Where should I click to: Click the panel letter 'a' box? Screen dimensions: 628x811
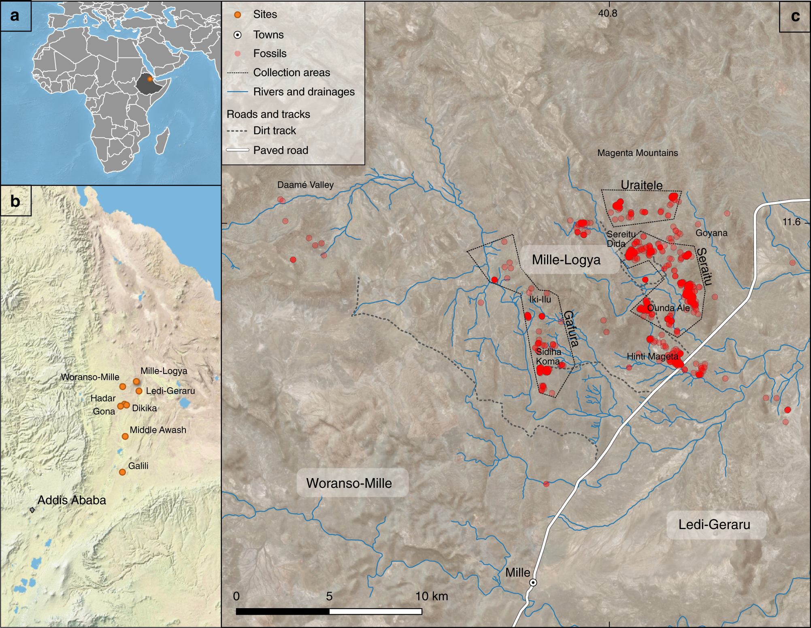[15, 16]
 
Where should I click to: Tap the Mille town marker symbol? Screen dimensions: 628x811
[534, 583]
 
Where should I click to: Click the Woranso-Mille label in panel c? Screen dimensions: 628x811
[349, 483]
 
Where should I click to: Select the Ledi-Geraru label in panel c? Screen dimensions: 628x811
[714, 525]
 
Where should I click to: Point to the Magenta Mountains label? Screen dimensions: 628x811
[637, 153]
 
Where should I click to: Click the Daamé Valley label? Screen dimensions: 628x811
[305, 185]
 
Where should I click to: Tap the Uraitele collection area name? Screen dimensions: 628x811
[642, 185]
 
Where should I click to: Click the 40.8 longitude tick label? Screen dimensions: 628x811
[608, 13]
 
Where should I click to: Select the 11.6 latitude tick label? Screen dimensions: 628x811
[791, 222]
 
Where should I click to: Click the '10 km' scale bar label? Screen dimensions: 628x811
[432, 596]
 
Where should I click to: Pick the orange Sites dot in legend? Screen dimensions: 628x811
[238, 15]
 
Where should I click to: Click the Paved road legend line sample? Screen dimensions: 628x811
[237, 150]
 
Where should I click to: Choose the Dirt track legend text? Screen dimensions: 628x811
[275, 131]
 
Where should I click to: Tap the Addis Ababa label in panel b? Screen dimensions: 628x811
[72, 500]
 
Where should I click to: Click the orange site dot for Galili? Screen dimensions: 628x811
[122, 472]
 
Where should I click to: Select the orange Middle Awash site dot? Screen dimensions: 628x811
[125, 436]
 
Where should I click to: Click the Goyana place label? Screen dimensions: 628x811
[711, 233]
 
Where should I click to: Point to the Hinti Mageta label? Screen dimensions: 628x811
[652, 357]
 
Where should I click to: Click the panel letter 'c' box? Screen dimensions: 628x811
[795, 16]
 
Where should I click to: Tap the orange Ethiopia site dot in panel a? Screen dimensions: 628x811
[150, 79]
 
